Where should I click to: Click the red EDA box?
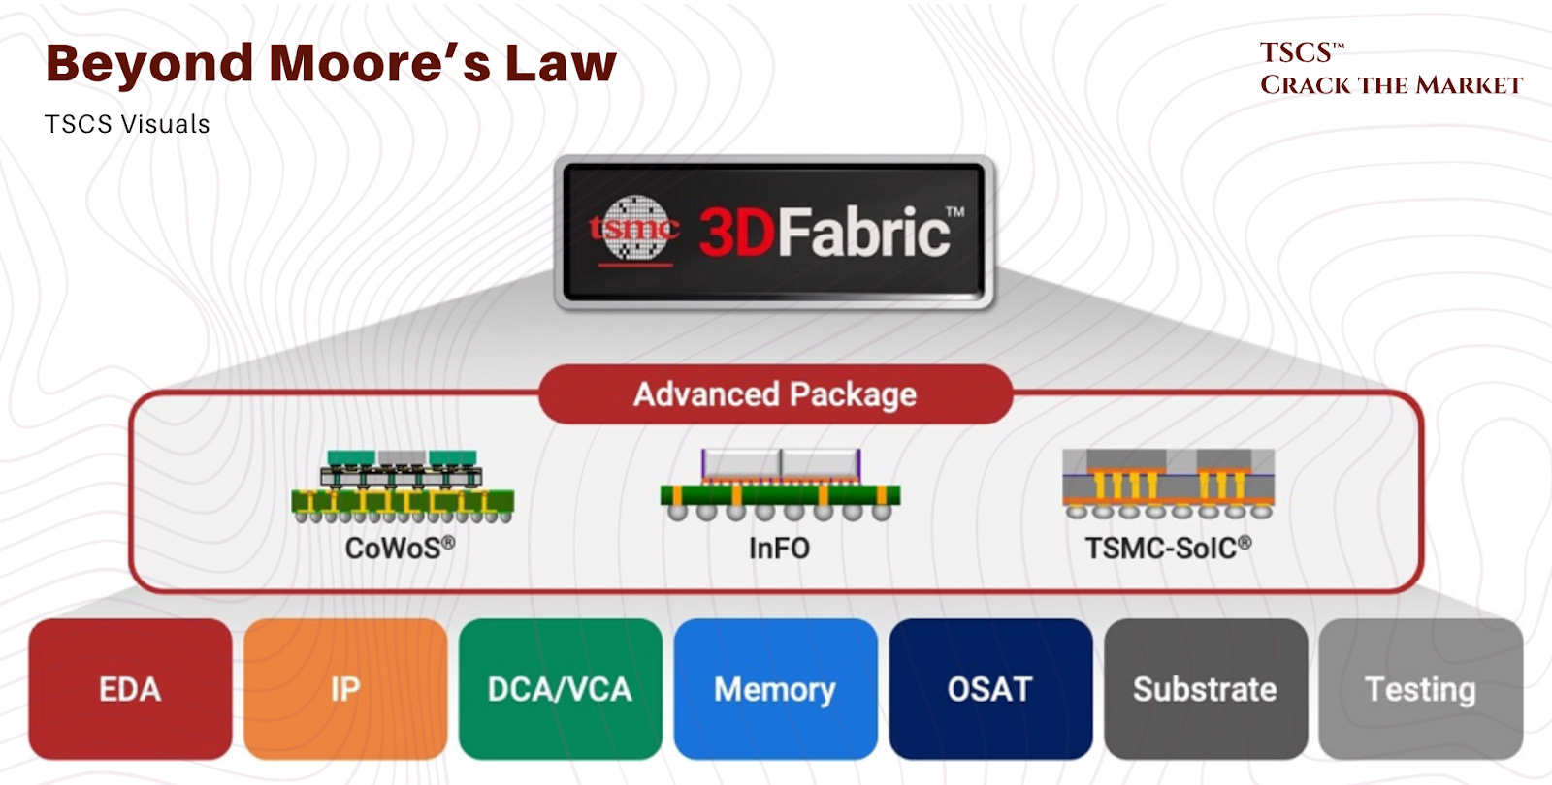tap(130, 689)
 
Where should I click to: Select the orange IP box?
tap(345, 689)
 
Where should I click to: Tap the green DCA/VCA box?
tap(560, 689)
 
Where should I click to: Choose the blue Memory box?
tap(775, 689)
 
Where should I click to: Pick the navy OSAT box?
tap(990, 689)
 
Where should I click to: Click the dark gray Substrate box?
tap(1206, 689)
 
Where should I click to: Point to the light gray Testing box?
tap(1421, 689)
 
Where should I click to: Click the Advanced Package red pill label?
tap(775, 394)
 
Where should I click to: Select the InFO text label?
tap(779, 549)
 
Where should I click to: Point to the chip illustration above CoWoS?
tap(403, 486)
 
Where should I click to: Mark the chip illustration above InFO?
tap(780, 484)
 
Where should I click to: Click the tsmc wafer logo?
tap(635, 230)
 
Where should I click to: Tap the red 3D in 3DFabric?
tap(736, 233)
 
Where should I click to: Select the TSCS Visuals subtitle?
tap(127, 124)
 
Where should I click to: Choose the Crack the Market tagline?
tap(1391, 85)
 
